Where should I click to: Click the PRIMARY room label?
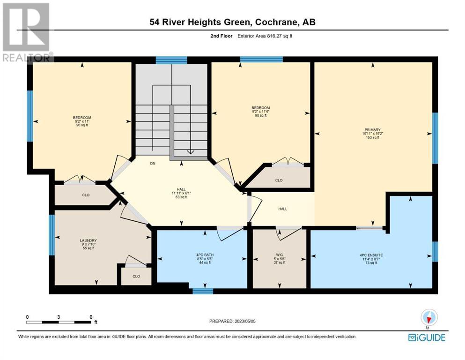click(372, 130)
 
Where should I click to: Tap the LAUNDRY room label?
click(88, 240)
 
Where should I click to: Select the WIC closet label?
click(280, 255)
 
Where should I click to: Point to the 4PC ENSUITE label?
click(371, 255)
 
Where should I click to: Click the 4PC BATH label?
click(205, 255)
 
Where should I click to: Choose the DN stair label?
click(153, 164)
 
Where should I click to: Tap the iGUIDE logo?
click(427, 337)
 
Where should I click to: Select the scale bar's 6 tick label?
click(91, 317)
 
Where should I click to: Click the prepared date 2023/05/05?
click(245, 321)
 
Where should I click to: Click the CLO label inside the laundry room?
click(136, 276)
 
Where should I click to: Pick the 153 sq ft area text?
click(372, 137)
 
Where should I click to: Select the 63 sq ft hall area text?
click(181, 197)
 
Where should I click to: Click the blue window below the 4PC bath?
click(203, 291)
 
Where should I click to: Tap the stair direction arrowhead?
click(191, 152)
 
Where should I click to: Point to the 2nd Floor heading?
click(221, 36)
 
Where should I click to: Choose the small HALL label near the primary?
click(283, 209)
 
